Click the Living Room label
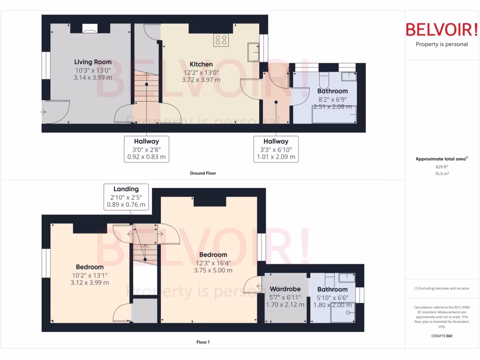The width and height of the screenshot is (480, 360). click(93, 62)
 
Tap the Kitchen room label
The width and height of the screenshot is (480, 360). click(201, 64)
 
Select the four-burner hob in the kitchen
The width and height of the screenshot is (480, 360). click(221, 40)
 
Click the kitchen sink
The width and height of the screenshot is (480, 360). click(253, 52)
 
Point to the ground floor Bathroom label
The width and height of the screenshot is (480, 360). click(332, 91)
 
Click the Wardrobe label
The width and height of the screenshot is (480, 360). click(285, 289)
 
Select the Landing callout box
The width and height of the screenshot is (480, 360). click(126, 196)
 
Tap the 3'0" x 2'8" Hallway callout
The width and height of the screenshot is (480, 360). click(146, 149)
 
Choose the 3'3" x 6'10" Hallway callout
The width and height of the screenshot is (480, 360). click(276, 149)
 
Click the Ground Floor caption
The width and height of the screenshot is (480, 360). click(202, 173)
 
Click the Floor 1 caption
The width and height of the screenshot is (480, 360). click(202, 342)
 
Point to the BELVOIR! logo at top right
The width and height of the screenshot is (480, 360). click(442, 30)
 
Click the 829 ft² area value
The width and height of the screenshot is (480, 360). click(442, 166)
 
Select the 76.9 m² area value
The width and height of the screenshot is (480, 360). click(442, 173)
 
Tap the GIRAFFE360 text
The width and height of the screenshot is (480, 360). click(442, 336)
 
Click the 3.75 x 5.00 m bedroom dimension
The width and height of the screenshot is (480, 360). click(213, 270)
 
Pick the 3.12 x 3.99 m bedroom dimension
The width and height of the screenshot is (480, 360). click(89, 283)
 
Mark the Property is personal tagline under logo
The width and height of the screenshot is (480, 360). click(442, 45)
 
